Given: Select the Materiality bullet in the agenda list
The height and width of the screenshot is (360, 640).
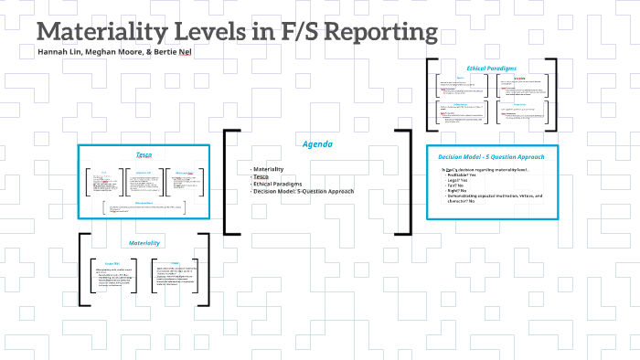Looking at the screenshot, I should pyautogui.click(x=271, y=169).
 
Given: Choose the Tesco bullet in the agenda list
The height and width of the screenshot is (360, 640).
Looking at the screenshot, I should pyautogui.click(x=262, y=176).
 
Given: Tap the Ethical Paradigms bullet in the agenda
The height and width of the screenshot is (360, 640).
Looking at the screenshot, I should pyautogui.click(x=280, y=184).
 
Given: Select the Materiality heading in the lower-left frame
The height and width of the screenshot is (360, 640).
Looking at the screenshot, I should pyautogui.click(x=144, y=243).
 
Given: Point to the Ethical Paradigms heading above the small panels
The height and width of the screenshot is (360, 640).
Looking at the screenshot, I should pyautogui.click(x=492, y=69).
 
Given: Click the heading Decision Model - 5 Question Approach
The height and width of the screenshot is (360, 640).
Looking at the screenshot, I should pyautogui.click(x=492, y=156).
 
